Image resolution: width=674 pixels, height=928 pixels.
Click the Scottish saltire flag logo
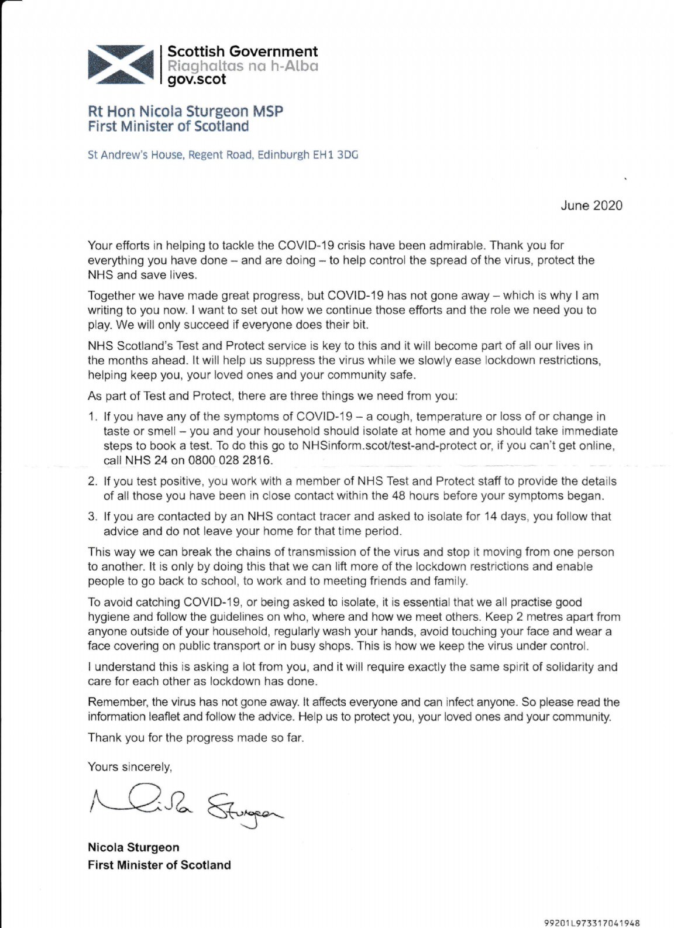(x=120, y=63)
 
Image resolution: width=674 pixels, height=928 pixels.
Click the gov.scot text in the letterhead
(x=197, y=80)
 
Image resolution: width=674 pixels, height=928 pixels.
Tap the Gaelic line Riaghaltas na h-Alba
(x=243, y=66)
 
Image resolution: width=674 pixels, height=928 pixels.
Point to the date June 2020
(x=592, y=205)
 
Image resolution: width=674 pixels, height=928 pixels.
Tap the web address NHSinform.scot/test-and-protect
(x=394, y=446)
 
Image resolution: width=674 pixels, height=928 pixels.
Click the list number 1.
(x=92, y=417)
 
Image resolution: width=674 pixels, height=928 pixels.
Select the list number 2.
(x=92, y=482)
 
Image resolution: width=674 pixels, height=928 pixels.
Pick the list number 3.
(x=92, y=517)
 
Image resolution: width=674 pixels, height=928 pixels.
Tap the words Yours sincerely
(x=129, y=767)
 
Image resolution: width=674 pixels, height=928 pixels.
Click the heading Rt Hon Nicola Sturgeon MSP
(x=185, y=111)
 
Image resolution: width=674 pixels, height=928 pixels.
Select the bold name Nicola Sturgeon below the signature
(x=133, y=847)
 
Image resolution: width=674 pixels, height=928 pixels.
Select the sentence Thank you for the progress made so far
(x=196, y=737)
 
